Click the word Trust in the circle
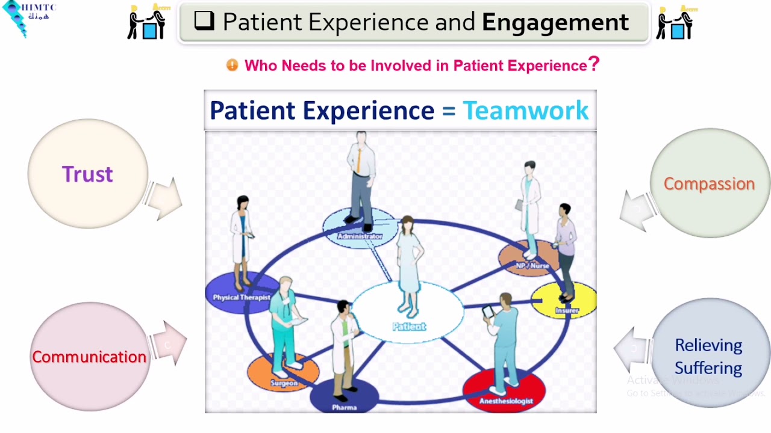87,174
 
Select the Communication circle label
89,357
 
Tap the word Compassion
709,184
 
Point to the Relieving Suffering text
708,356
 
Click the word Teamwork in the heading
525,111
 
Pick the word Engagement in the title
555,22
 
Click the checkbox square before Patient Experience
204,21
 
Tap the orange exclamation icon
232,65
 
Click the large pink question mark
593,64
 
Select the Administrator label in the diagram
360,236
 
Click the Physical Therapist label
241,297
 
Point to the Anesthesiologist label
506,401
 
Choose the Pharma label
345,408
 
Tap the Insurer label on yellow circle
567,310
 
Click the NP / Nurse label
532,265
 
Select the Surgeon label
284,383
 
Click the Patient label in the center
409,327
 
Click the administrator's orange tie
359,160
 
